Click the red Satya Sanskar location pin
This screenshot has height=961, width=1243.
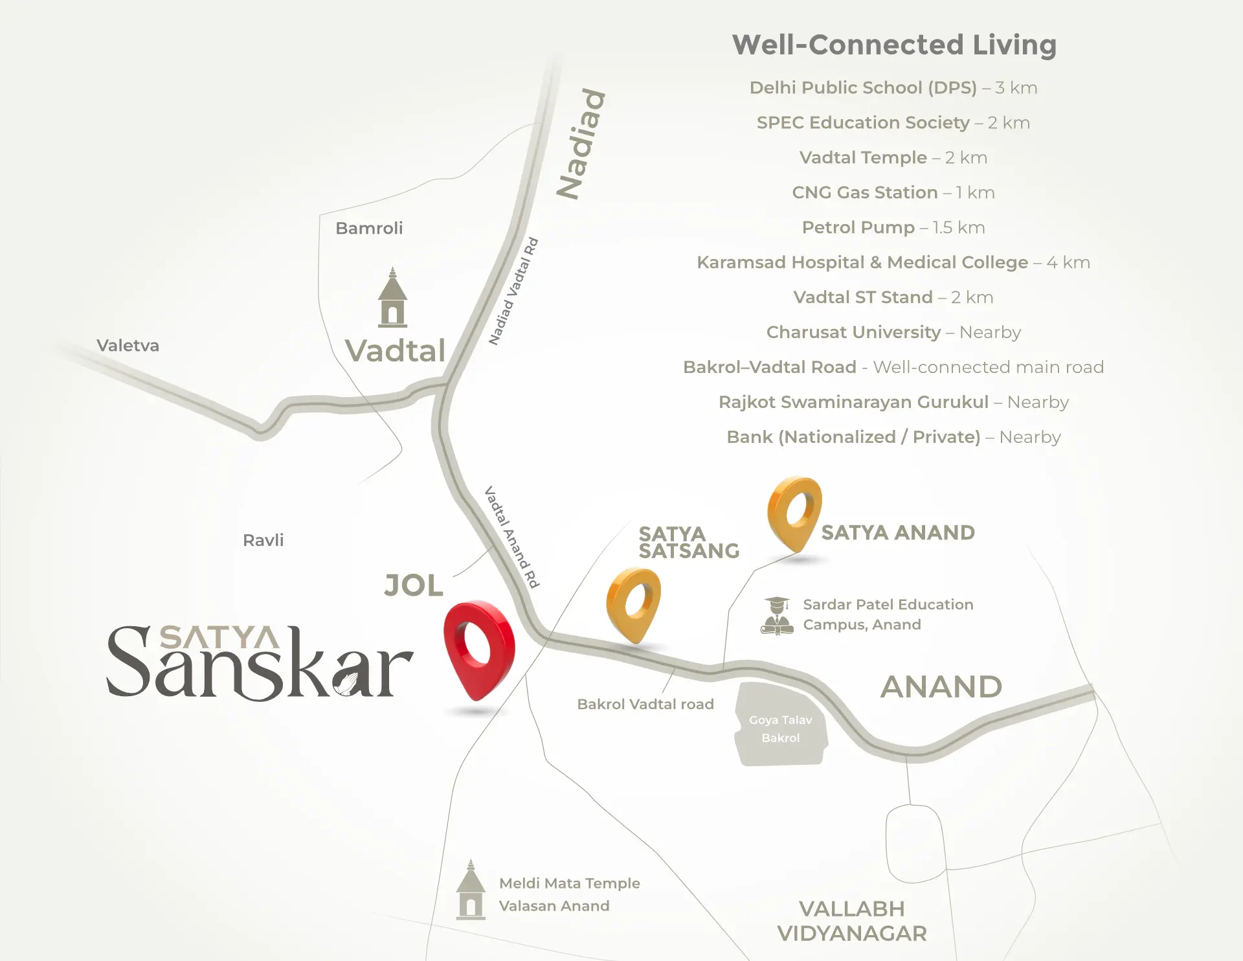tap(478, 648)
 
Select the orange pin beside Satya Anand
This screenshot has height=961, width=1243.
tap(794, 512)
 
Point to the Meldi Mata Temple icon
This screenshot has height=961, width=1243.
tap(471, 890)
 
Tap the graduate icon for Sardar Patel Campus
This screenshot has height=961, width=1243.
tap(777, 616)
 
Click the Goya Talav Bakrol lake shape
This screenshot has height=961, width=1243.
tap(781, 726)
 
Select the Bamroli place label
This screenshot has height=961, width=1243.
tap(369, 228)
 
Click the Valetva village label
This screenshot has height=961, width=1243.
tap(128, 345)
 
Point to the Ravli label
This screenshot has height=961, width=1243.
tap(263, 540)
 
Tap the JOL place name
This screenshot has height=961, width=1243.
tap(413, 585)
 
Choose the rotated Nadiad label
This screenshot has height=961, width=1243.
tap(582, 144)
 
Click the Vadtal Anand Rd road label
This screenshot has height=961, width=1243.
tap(512, 537)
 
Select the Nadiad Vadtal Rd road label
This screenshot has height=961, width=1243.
tap(513, 291)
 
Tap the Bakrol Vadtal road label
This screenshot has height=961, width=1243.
tap(645, 704)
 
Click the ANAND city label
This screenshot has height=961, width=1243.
tap(941, 686)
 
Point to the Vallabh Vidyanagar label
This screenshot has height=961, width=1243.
tap(852, 921)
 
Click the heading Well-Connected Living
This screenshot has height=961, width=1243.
tap(894, 45)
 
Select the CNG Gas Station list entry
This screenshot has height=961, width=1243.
tap(893, 192)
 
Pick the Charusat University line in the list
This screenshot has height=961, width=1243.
tap(893, 332)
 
